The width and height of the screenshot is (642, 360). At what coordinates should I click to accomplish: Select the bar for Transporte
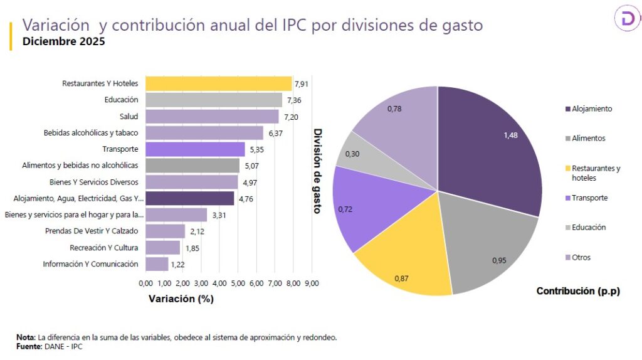[x=195, y=149]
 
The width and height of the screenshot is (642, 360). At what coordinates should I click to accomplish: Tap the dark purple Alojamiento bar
[x=189, y=198]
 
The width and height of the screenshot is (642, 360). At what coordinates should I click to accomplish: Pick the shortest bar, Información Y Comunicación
[x=157, y=264]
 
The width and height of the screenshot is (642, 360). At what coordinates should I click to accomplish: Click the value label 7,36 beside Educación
[x=293, y=100]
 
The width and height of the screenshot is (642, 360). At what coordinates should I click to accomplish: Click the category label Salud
[x=129, y=117]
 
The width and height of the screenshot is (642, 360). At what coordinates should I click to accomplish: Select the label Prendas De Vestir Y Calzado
[x=92, y=231]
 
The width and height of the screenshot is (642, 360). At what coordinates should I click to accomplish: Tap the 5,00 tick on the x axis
[x=238, y=283]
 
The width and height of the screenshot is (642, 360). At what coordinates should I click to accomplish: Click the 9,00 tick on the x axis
[x=312, y=283]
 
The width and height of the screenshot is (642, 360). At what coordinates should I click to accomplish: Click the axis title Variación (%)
[x=181, y=299]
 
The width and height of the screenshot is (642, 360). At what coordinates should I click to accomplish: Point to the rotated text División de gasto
[x=317, y=171]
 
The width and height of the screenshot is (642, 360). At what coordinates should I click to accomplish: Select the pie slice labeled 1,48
[x=495, y=144]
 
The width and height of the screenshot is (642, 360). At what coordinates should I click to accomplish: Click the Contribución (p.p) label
[x=578, y=291]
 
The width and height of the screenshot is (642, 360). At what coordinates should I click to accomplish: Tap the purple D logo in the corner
[x=627, y=20]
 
